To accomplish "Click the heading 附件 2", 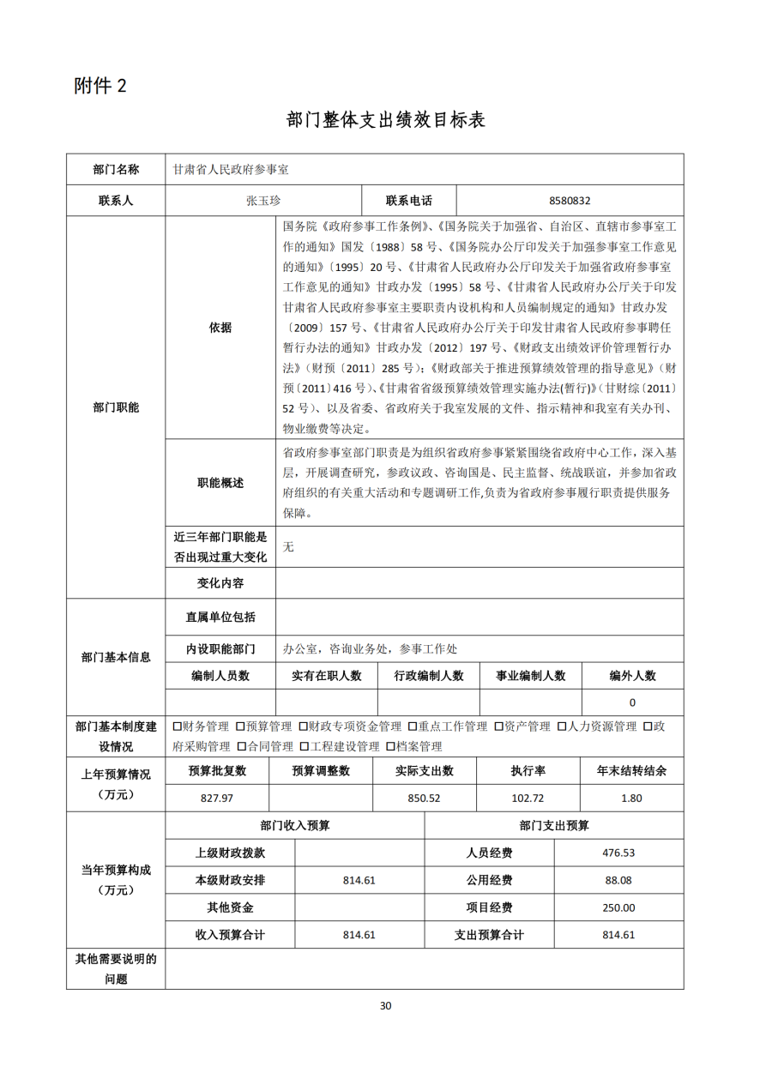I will pos(100,86).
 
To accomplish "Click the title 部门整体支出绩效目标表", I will pos(385,120).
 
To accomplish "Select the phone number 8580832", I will pos(570,201).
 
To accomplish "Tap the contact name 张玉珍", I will pos(263,201).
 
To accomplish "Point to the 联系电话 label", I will pos(408,201).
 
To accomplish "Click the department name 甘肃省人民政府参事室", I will pos(231,170).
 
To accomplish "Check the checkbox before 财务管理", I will pos(177,726).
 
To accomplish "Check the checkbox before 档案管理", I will pos(390,747).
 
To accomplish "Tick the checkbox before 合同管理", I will pos(242,747).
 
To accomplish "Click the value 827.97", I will pos(217,798).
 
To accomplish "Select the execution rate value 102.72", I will pos(528,798).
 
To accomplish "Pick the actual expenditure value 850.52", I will pos(424,798).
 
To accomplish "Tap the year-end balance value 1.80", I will pos(631,798).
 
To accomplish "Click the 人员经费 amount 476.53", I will pos(618,853).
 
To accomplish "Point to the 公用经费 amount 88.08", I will pos(618,880).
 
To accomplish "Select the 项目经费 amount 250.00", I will pos(618,907).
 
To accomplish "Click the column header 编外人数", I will pos(632,676).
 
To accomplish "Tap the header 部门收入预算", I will pos(294,825).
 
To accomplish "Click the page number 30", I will pos(385,1005).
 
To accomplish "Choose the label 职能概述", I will pos(220,483).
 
